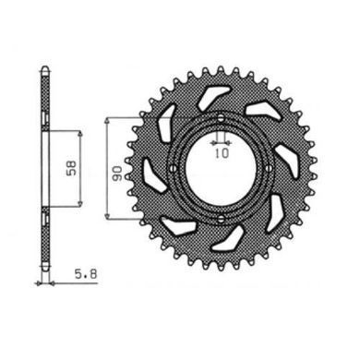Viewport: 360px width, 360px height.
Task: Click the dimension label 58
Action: pos(73,168)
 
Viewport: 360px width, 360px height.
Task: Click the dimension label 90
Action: pos(118,174)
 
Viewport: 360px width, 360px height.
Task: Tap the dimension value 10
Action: pos(222,153)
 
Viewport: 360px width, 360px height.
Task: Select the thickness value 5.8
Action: pos(86,273)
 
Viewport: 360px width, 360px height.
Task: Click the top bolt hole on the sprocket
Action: pos(221,117)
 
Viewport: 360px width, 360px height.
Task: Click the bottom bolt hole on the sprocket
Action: pos(221,219)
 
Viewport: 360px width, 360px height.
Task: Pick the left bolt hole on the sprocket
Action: pos(173,168)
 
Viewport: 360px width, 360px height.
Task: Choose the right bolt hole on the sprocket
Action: pos(270,168)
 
